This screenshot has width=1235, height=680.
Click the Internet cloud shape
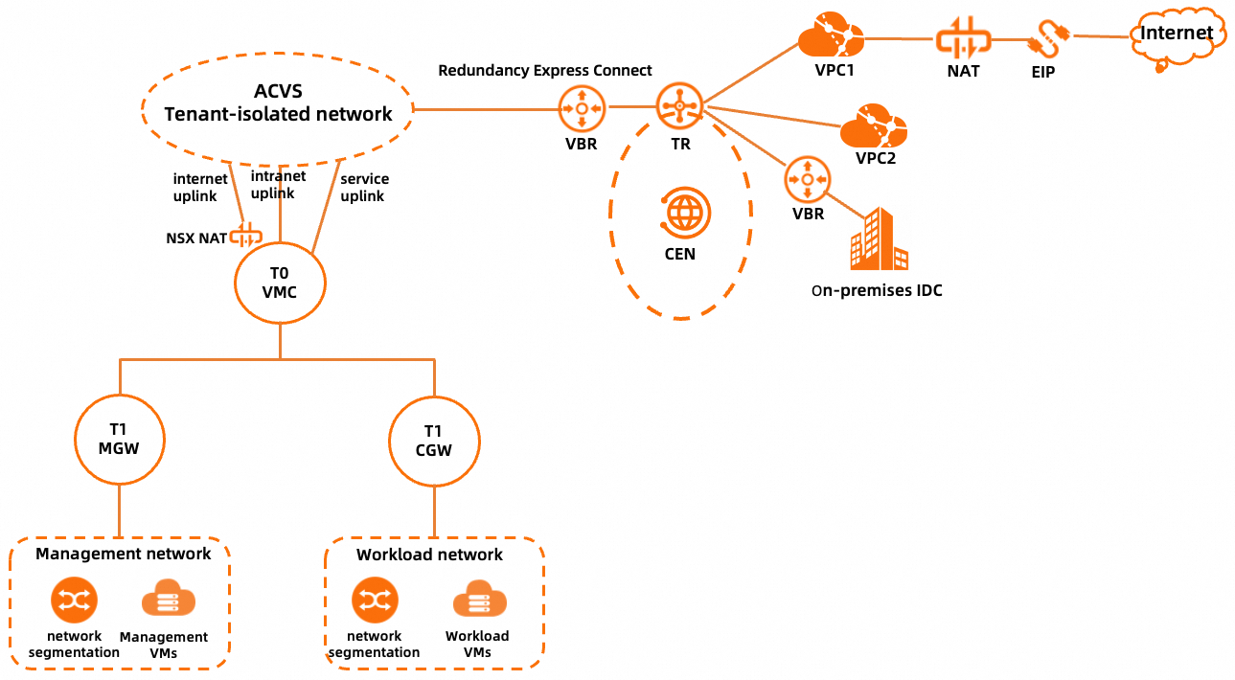[x=1175, y=36]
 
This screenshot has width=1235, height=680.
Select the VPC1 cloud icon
[x=831, y=37]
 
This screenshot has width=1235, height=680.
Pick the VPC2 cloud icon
[x=873, y=126]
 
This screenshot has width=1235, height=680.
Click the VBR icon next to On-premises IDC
[x=808, y=180]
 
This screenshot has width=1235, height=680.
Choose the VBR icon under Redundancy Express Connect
[x=582, y=109]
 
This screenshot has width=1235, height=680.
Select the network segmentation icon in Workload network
[x=374, y=601]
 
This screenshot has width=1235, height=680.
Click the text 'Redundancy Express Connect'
[x=545, y=71]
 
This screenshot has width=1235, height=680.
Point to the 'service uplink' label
[x=364, y=187]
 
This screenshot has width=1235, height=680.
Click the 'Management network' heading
[x=124, y=554]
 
